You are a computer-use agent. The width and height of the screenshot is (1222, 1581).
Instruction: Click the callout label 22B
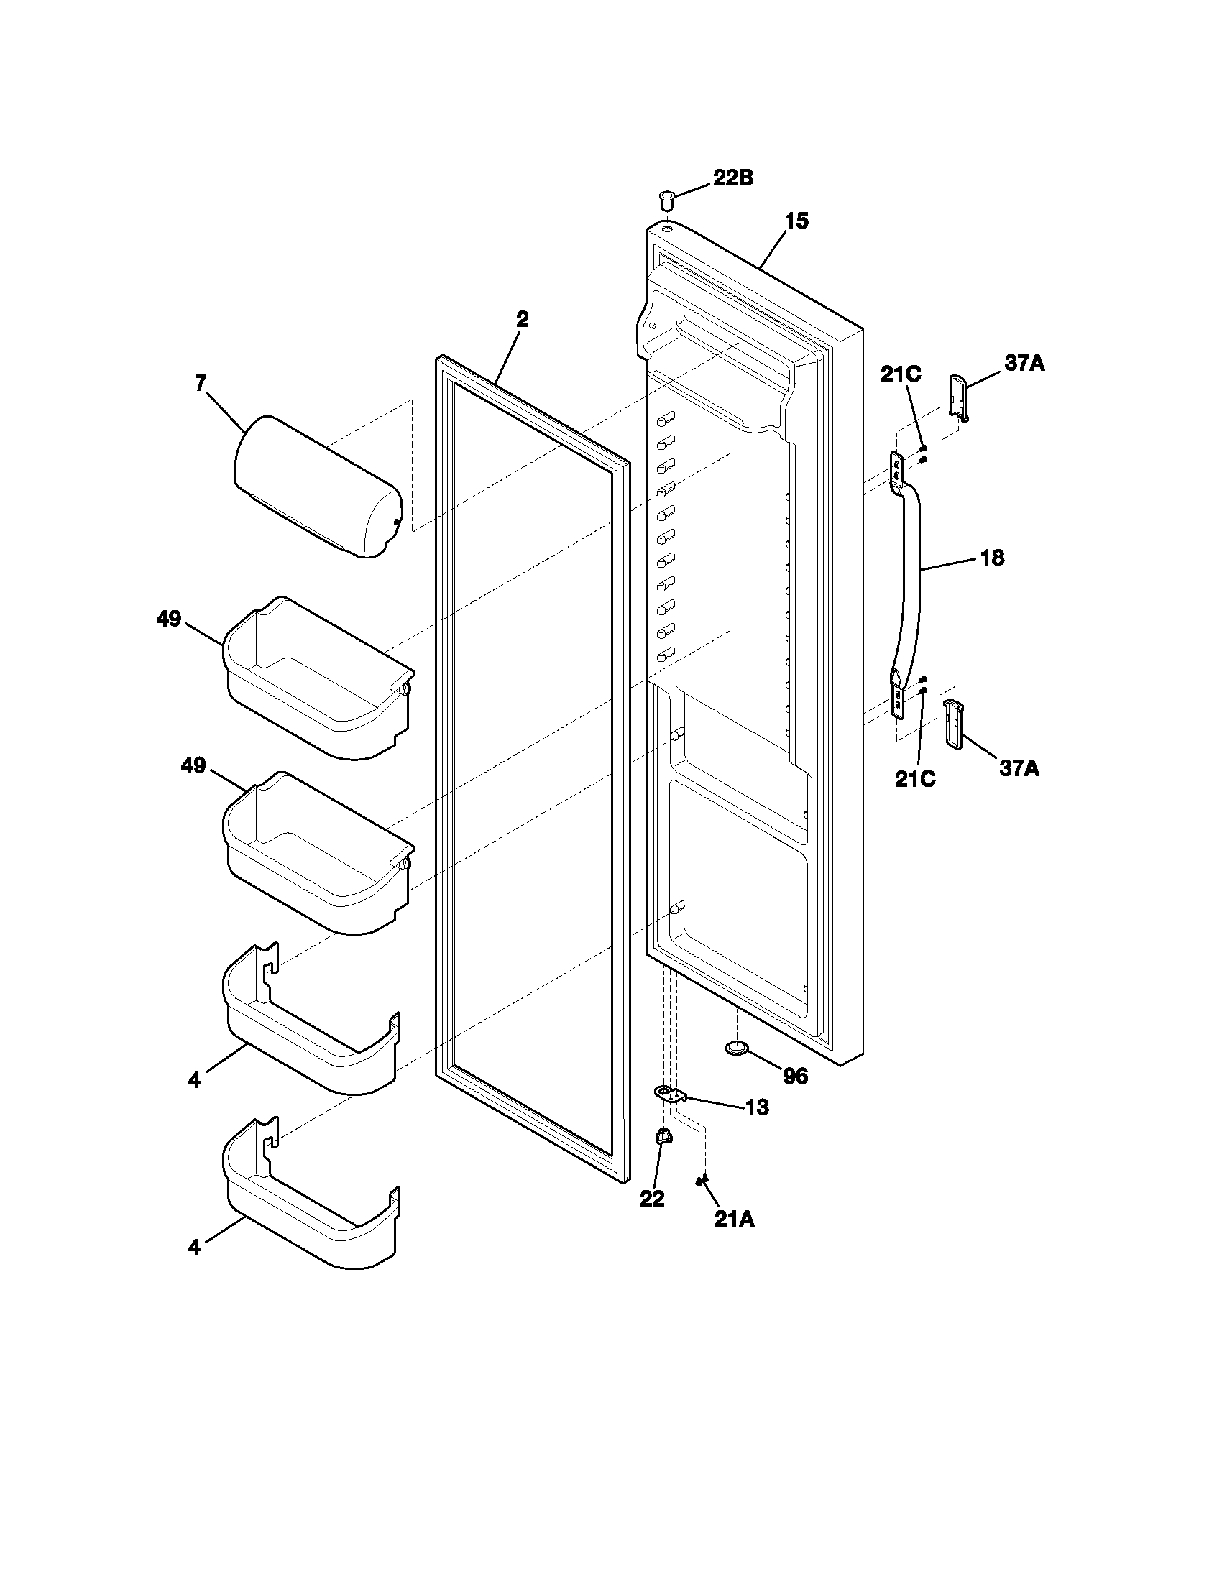732,178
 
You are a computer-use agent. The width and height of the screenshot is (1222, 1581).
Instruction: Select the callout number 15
796,221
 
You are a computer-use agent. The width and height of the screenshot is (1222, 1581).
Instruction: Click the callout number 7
201,383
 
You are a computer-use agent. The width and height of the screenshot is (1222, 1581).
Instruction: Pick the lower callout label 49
193,766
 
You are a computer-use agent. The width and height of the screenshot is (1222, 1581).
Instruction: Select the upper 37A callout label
1024,364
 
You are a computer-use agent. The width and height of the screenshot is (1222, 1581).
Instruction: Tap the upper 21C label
901,374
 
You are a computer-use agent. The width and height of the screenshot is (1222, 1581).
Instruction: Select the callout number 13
756,1107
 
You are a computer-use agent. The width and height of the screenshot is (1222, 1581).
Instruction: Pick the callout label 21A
734,1220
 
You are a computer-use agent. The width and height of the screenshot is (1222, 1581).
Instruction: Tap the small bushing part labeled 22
661,1139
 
